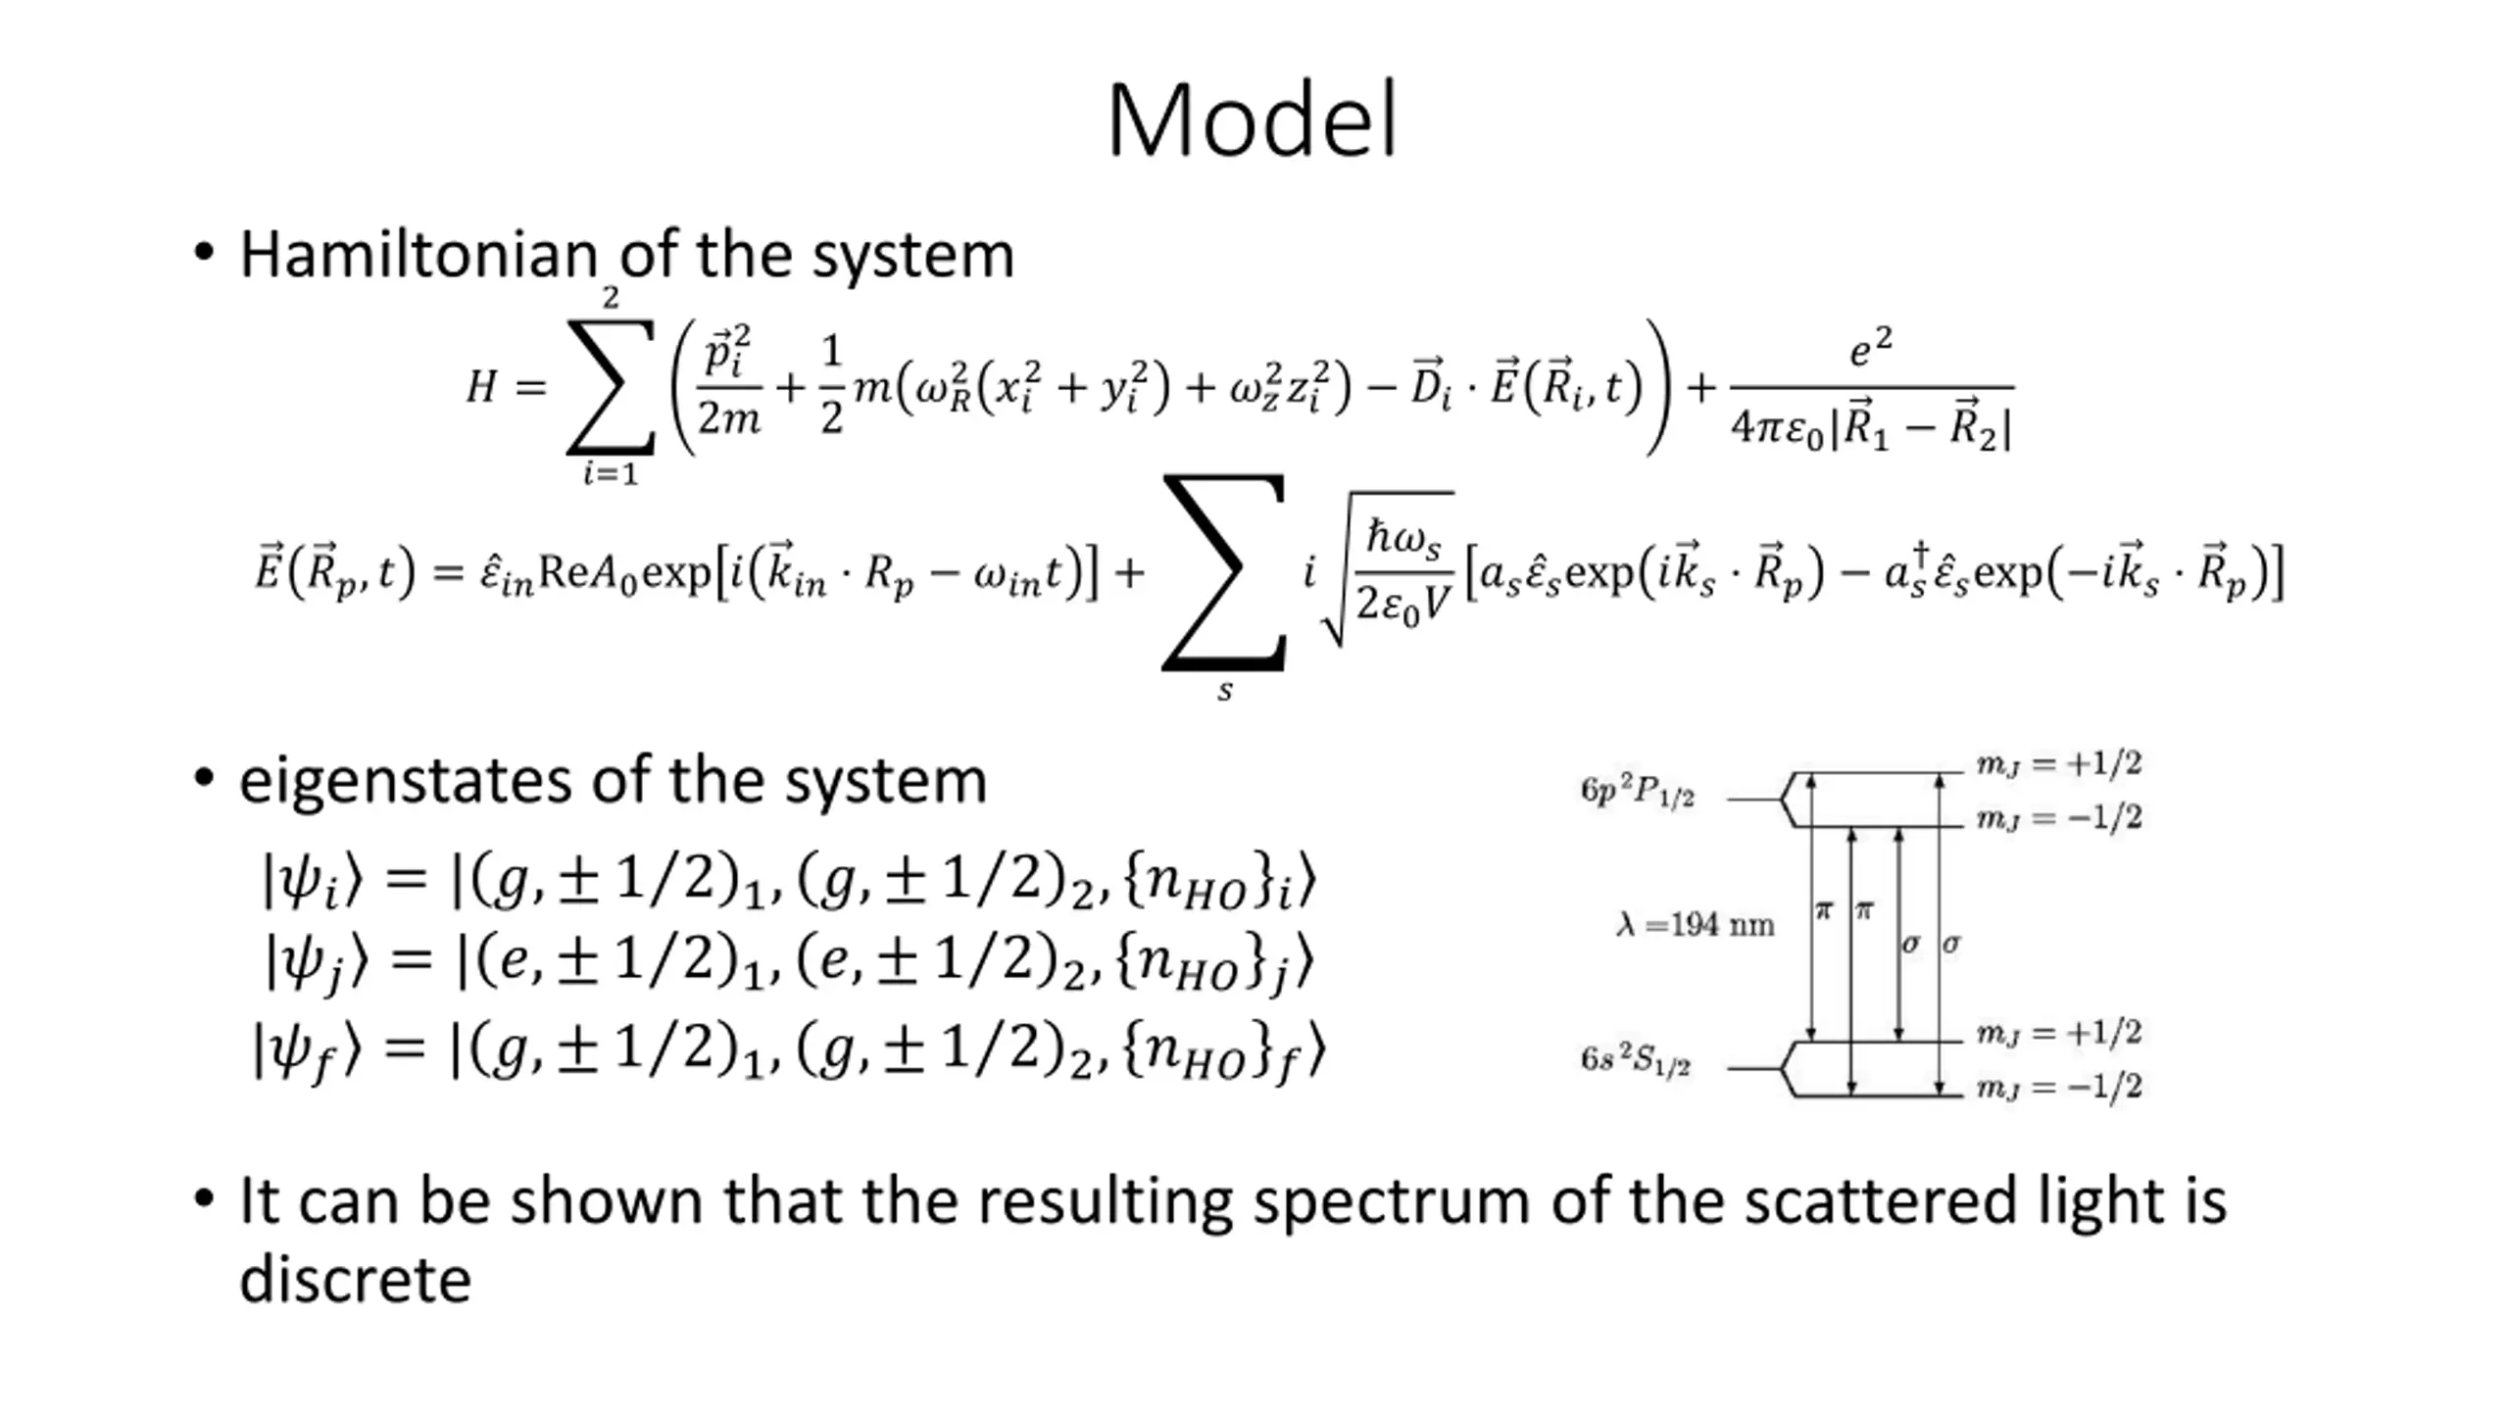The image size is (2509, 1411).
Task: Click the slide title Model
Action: [x=1253, y=122]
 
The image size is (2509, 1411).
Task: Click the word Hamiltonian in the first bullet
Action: [x=418, y=255]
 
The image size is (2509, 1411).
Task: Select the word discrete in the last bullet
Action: [x=355, y=1280]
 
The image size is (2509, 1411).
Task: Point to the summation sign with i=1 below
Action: [x=610, y=387]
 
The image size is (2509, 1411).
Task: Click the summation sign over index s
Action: [x=1224, y=573]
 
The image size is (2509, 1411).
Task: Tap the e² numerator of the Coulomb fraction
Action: [x=1870, y=349]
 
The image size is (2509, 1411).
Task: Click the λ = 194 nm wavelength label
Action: [x=1695, y=925]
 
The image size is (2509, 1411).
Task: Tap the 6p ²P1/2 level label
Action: [x=1637, y=792]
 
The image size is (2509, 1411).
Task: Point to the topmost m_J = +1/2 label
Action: [x=2058, y=763]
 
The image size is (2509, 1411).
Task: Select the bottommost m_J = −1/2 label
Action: [x=2058, y=1087]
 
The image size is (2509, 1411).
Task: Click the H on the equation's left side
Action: [x=481, y=387]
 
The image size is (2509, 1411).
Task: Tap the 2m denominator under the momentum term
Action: [x=728, y=419]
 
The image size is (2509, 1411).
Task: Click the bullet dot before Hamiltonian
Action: [x=203, y=253]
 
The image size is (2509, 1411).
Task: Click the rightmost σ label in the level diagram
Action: [x=1950, y=944]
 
